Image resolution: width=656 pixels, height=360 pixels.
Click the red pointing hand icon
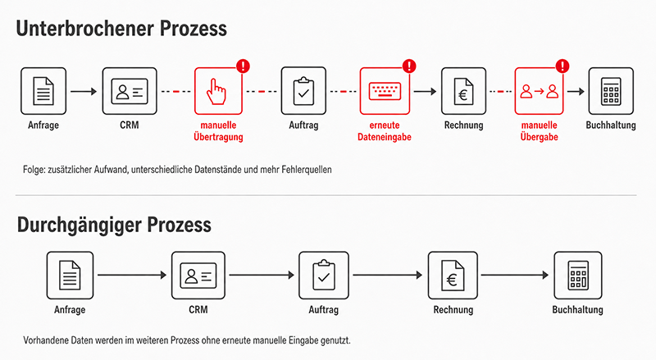pos(216,92)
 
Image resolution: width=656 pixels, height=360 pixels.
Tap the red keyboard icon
pos(385,91)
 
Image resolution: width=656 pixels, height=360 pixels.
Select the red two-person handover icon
pos(539,91)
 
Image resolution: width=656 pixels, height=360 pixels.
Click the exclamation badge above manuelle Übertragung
pos(243,66)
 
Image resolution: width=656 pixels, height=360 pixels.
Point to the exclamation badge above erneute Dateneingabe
pos(409,66)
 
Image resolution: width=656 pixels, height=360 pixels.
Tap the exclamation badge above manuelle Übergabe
pos(563,66)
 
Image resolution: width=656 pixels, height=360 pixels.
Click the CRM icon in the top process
pos(130,91)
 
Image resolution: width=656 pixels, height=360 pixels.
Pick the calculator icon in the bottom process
pos(578,276)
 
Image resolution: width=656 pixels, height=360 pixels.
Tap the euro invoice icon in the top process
pos(463,91)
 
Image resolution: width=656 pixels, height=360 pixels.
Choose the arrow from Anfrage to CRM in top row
pos(84,91)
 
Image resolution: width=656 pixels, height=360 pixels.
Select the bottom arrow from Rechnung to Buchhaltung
pos(515,275)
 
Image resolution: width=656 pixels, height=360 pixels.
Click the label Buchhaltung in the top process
pos(611,125)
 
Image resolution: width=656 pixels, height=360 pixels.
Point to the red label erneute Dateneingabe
pos(385,131)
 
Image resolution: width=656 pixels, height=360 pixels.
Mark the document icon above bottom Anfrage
pos(70,275)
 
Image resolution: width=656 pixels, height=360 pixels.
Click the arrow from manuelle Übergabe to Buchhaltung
pos(576,91)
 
